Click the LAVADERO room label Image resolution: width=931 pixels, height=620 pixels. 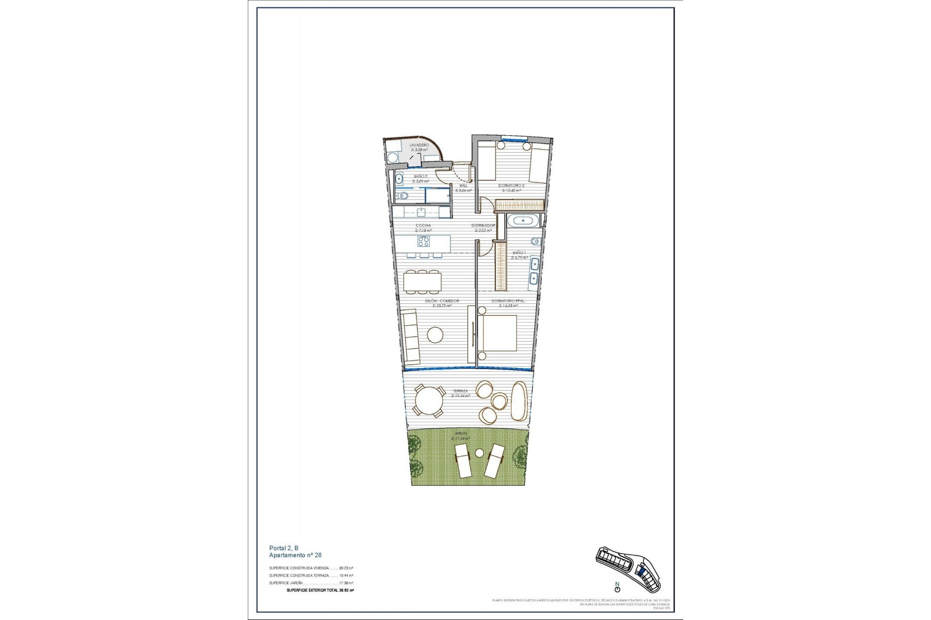pos(419,145)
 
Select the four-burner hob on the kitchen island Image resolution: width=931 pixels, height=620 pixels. pos(423,241)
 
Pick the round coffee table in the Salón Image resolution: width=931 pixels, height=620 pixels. pos(435,335)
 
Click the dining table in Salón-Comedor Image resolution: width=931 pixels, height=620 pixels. pos(422,281)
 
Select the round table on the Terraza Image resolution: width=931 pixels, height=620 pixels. pos(429,400)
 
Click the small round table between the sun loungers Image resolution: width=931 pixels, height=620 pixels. pos(479,453)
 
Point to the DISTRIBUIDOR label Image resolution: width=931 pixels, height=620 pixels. pos(483,226)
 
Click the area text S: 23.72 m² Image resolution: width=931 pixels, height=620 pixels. pos(438,306)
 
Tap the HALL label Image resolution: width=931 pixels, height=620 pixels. pos(463,186)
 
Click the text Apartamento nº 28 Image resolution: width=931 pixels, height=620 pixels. pos(295,555)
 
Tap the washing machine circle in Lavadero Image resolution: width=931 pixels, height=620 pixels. pos(391,157)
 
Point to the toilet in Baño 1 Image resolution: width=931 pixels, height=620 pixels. pos(533,242)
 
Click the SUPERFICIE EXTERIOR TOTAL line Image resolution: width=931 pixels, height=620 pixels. pos(320,590)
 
